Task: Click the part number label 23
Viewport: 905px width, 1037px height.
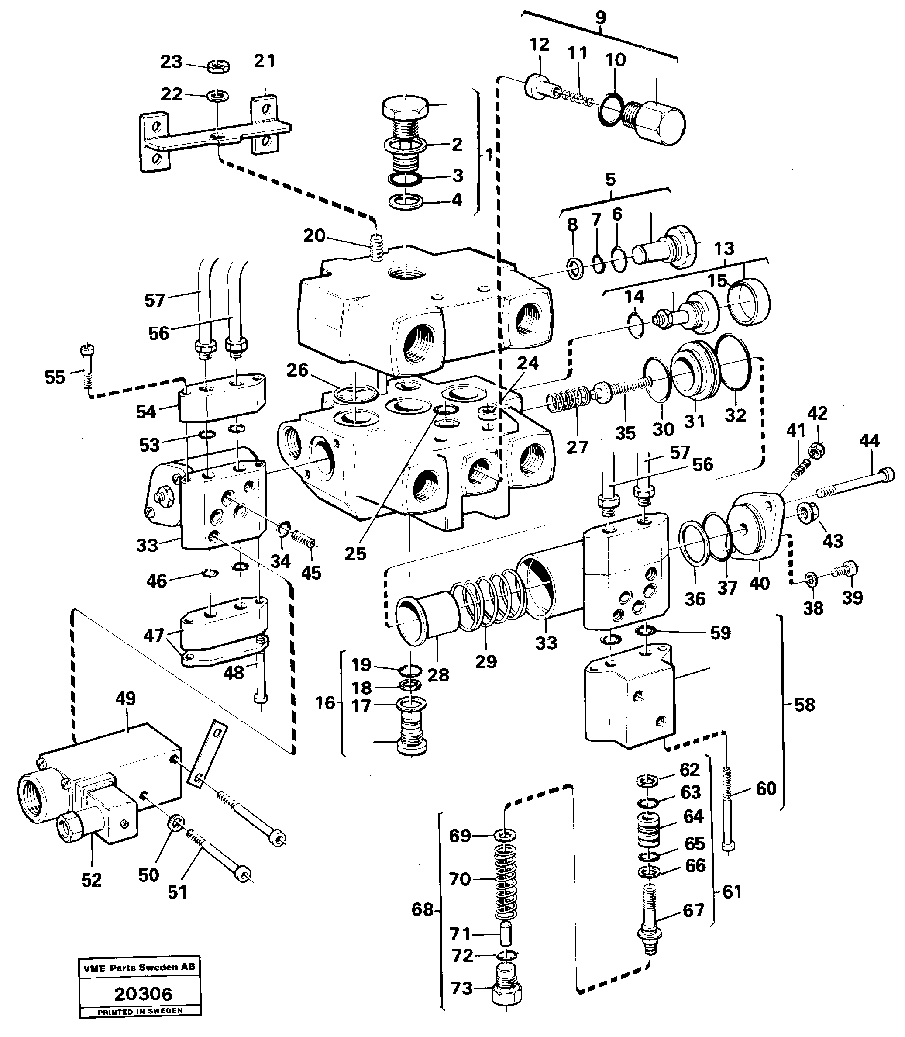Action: pos(171,62)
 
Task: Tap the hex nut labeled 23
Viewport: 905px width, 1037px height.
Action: pos(219,66)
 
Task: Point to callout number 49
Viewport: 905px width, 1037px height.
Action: pos(125,699)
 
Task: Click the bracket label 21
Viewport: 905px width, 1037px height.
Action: pos(265,61)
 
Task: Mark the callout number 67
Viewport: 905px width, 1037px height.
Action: pos(693,910)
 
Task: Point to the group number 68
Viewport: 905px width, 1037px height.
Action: pos(422,909)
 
